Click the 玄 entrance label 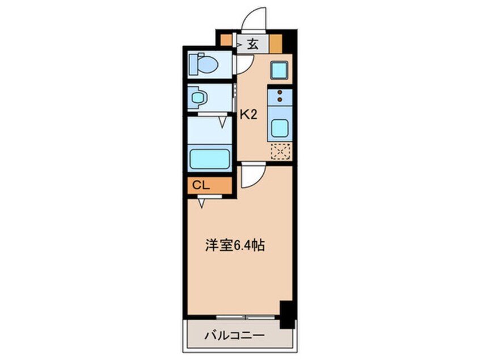252,44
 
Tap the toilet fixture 203,64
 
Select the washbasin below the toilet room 198,98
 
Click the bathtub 210,158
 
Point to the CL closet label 201,185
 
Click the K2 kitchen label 249,115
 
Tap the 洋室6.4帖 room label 235,245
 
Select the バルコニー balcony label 234,336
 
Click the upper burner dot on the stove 280,92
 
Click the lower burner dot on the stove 280,99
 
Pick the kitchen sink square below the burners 280,127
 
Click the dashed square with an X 280,152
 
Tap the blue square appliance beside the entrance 279,69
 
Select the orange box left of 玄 226,40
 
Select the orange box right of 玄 275,44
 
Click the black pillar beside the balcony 288,315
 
